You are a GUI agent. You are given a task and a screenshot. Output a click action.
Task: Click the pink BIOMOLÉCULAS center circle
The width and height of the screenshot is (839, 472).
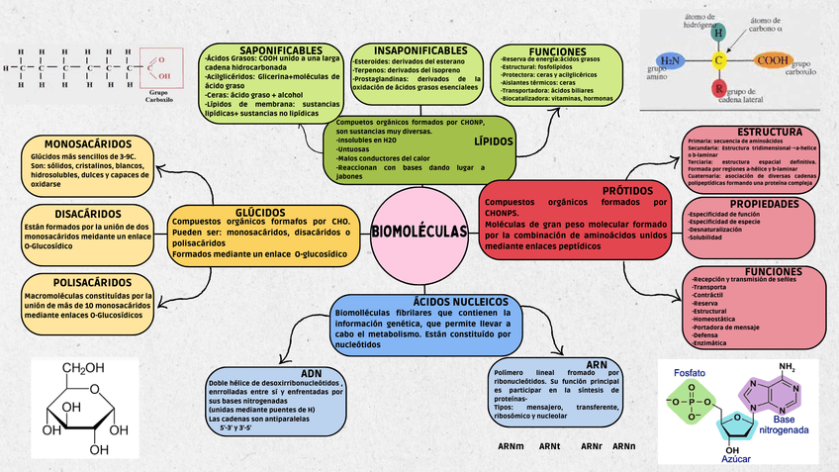tap(419, 232)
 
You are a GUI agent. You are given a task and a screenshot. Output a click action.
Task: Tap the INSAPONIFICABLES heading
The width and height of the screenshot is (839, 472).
tap(407, 49)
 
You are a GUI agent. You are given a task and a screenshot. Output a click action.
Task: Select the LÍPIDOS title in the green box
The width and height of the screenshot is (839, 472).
tap(494, 142)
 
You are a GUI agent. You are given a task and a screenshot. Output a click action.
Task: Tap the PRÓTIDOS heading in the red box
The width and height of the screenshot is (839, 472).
tap(629, 189)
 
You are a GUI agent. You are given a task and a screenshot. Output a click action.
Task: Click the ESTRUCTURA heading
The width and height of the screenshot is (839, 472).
tap(770, 132)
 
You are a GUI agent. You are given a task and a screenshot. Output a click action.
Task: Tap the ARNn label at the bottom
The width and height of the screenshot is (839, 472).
tap(623, 446)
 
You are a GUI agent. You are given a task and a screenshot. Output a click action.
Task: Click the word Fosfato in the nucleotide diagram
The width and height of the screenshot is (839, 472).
tap(690, 372)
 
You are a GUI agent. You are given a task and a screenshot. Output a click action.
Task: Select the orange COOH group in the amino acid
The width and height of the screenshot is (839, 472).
tap(772, 60)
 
